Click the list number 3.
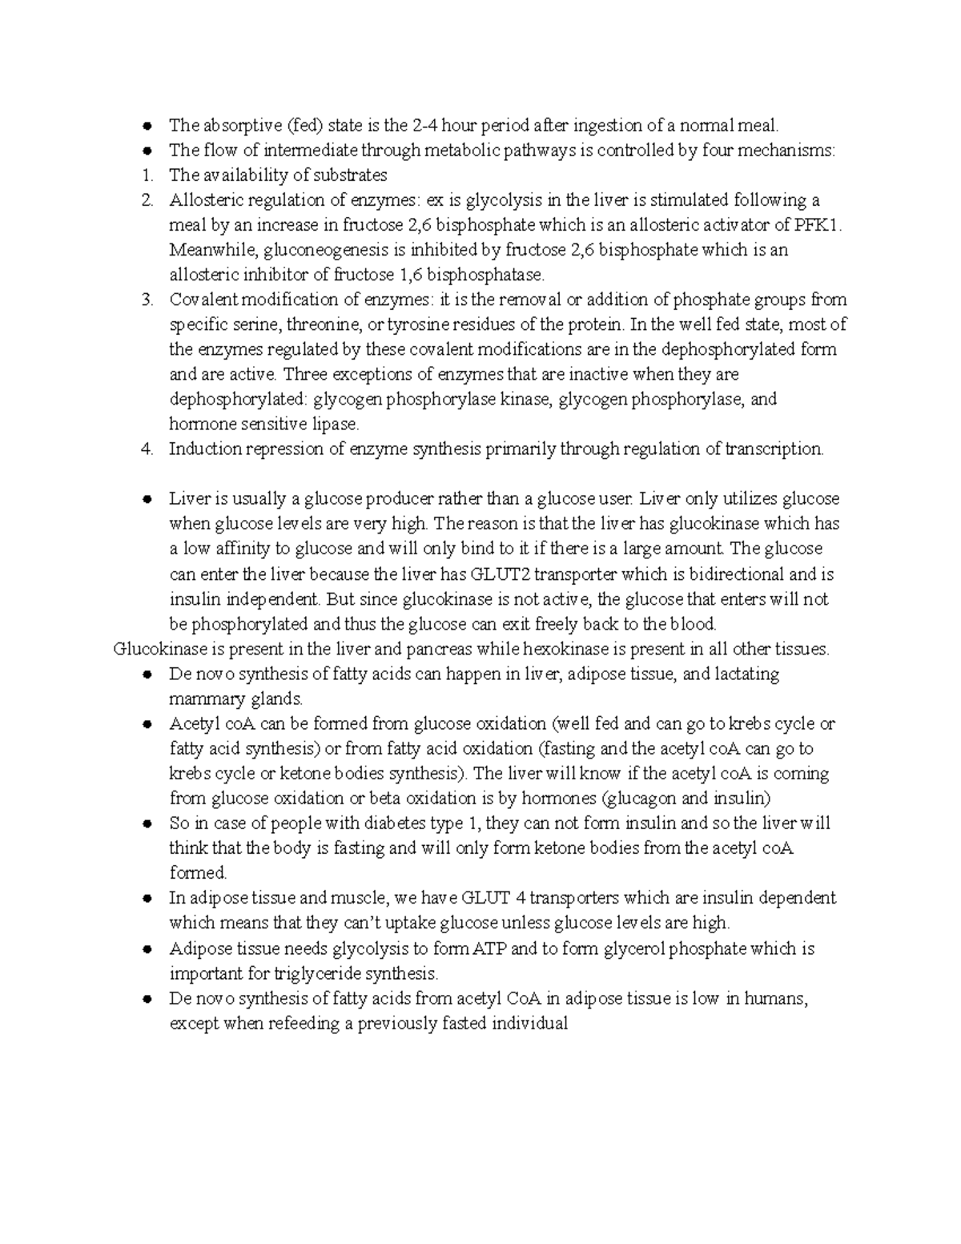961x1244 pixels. pos(146,300)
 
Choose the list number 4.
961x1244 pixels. pos(146,449)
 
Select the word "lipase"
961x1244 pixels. pos(336,424)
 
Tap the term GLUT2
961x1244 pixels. pos(500,574)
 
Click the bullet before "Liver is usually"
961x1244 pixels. pos(147,499)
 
